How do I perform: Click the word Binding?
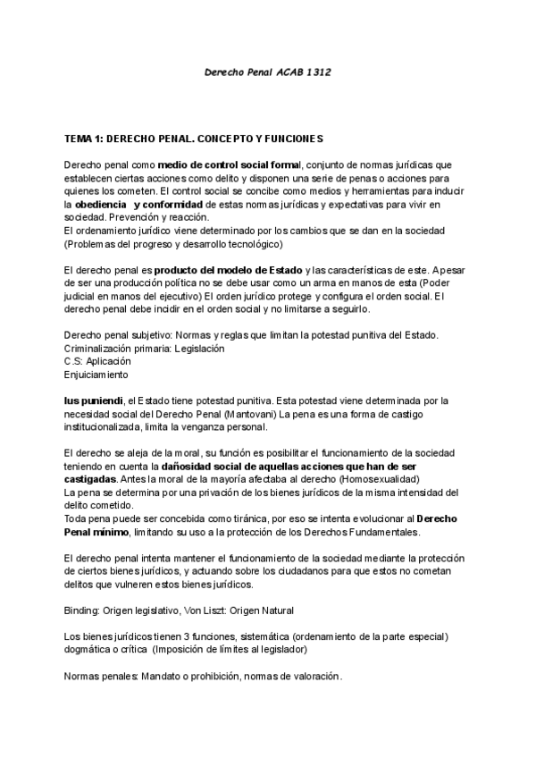pyautogui.click(x=82, y=610)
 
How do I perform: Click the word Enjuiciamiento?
pyautogui.click(x=96, y=375)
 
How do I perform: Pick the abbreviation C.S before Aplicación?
pyautogui.click(x=73, y=361)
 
